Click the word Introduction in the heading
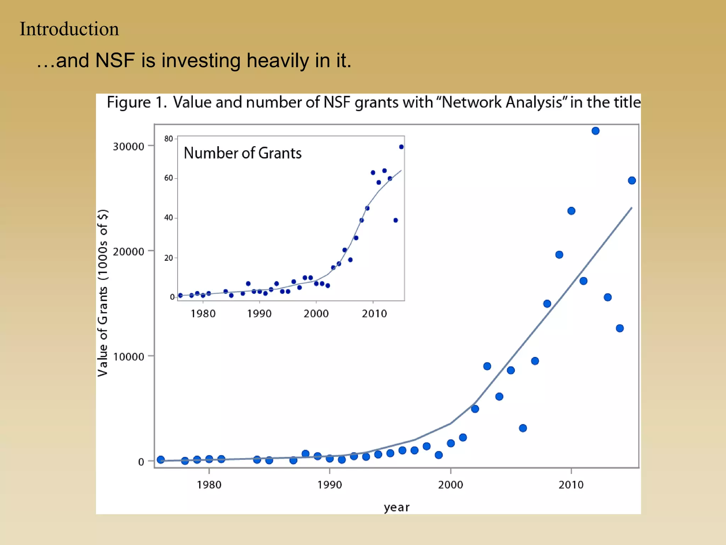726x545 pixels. [x=69, y=29]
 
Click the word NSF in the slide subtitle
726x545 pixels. [x=115, y=60]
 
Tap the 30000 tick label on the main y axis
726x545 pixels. [x=128, y=147]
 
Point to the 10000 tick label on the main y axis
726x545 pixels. [x=128, y=357]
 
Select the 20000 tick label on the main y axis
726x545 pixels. [x=128, y=252]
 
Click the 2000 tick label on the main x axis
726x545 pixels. [x=450, y=485]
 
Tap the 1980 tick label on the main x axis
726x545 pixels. [x=209, y=485]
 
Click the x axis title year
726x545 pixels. [x=396, y=507]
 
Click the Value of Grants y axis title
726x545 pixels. [x=103, y=293]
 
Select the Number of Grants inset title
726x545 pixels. [x=242, y=153]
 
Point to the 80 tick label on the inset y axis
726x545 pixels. [x=168, y=139]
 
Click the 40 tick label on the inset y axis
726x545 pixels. [x=168, y=218]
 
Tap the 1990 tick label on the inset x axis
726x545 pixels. [x=259, y=314]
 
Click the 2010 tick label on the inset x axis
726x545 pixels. [x=374, y=314]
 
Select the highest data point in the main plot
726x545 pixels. [x=596, y=131]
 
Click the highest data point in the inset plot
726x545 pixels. [x=401, y=147]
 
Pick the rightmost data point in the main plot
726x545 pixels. [x=632, y=181]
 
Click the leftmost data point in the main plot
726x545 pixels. [x=161, y=459]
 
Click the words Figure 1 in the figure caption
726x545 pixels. [x=136, y=103]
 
